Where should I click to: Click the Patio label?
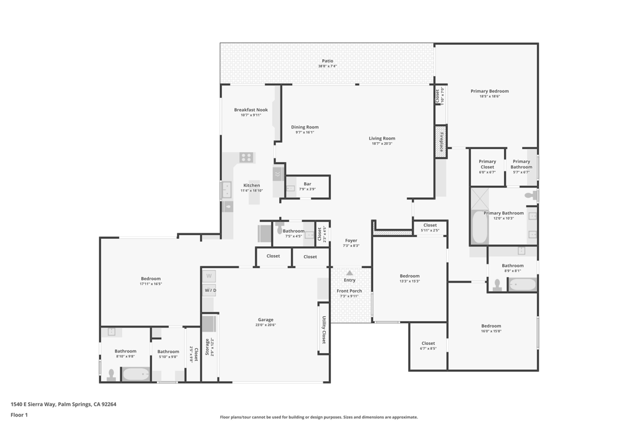click(x=328, y=61)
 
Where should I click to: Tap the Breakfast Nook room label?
click(x=250, y=110)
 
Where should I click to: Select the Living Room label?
click(x=382, y=138)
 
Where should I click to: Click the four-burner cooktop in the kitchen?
click(x=247, y=158)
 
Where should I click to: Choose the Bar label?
click(x=307, y=184)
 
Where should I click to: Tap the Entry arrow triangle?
click(x=350, y=273)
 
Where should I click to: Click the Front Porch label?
click(x=350, y=291)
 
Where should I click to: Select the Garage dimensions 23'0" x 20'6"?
click(x=265, y=325)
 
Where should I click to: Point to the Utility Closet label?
click(x=323, y=330)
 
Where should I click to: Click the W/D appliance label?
click(x=209, y=290)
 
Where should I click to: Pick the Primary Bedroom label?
click(x=489, y=91)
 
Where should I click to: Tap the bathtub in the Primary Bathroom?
click(x=479, y=228)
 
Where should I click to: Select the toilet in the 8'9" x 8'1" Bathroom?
click(x=497, y=285)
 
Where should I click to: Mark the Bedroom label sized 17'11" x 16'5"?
click(x=150, y=279)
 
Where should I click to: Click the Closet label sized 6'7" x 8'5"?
click(x=428, y=343)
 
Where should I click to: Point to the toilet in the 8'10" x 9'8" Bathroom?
click(x=112, y=374)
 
